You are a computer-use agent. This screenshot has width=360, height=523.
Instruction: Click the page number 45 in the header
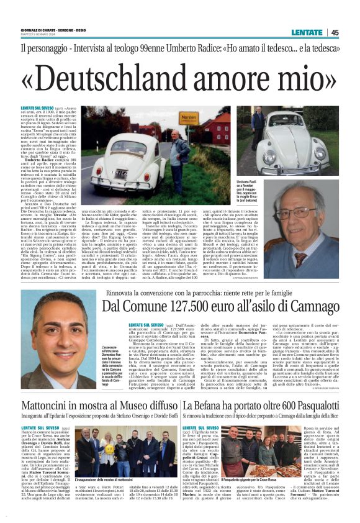(x=335, y=32)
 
